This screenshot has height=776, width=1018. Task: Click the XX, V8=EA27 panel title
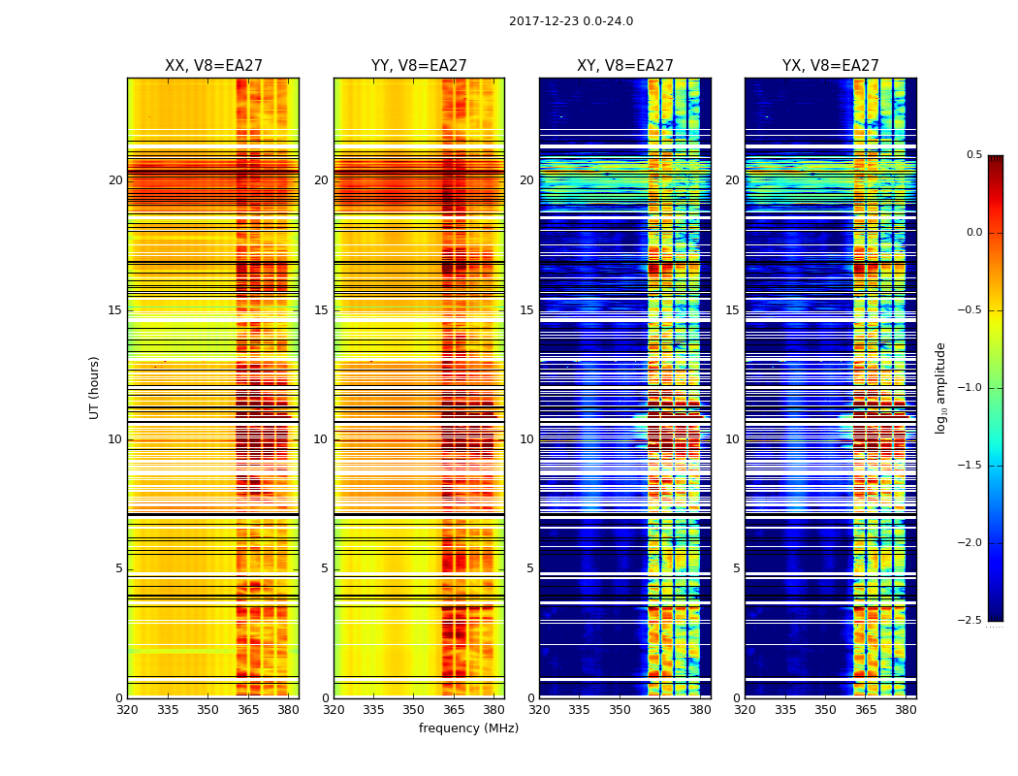pyautogui.click(x=213, y=66)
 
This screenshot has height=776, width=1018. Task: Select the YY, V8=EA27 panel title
pyautogui.click(x=419, y=66)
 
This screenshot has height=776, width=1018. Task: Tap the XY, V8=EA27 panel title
pyautogui.click(x=625, y=66)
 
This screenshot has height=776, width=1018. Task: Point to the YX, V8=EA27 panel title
pyautogui.click(x=831, y=66)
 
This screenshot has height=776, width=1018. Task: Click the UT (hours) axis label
pyautogui.click(x=95, y=387)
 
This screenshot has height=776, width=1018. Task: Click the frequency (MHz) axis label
pyautogui.click(x=468, y=728)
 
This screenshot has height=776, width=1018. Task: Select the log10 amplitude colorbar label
pyautogui.click(x=940, y=387)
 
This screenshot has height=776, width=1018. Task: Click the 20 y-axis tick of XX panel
pyautogui.click(x=115, y=180)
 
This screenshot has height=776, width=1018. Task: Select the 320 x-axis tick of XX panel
pyautogui.click(x=127, y=710)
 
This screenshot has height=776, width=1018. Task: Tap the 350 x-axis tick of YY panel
pyautogui.click(x=414, y=710)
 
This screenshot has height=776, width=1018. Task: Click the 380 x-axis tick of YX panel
pyautogui.click(x=906, y=710)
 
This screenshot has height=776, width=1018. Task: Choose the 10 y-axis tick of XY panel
pyautogui.click(x=526, y=439)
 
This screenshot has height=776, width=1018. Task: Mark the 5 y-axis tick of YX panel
pyautogui.click(x=736, y=568)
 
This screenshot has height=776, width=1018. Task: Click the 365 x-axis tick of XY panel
pyautogui.click(x=660, y=710)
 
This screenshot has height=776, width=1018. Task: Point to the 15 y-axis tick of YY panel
pyautogui.click(x=321, y=310)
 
